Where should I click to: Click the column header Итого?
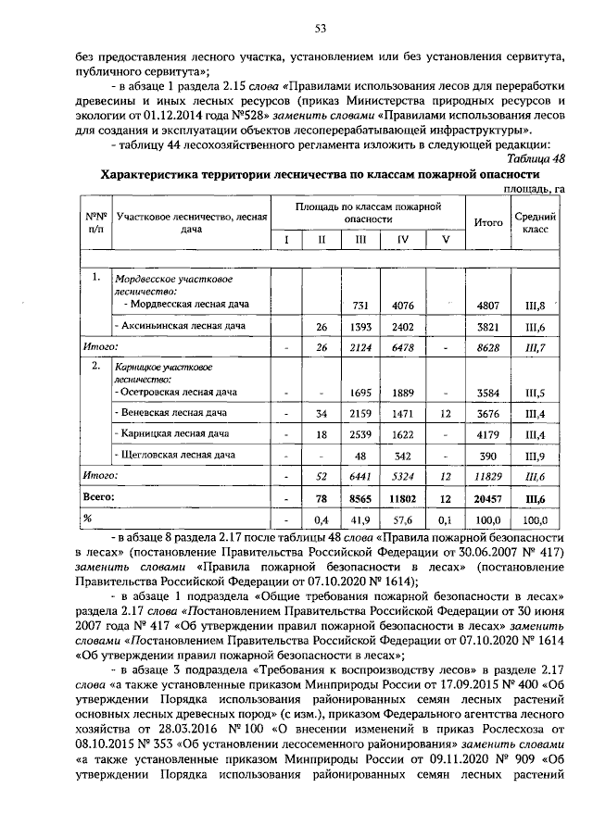pos(486,222)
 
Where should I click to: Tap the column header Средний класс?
pos(535,222)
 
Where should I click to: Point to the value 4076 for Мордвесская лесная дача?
pos(402,304)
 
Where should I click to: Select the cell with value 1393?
pos(357,327)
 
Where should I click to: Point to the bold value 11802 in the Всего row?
pos(402,497)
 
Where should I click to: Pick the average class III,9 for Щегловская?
pos(535,455)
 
